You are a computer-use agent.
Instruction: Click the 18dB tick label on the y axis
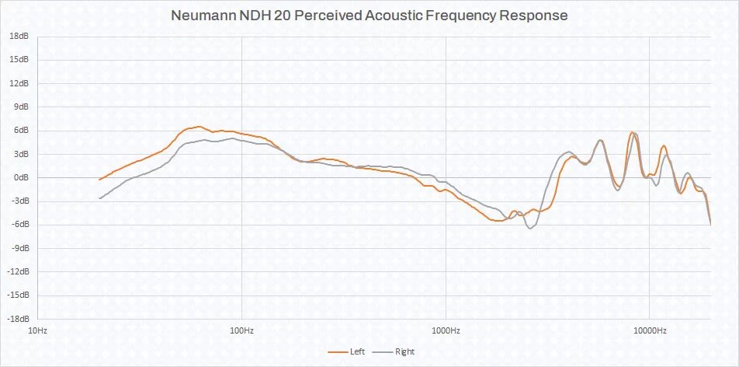(19, 36)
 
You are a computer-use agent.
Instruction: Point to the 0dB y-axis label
(22, 177)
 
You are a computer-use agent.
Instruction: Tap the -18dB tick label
(18, 319)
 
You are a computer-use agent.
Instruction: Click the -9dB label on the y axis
(20, 248)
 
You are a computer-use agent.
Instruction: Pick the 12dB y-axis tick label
(19, 83)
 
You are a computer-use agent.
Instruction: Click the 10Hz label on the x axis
(37, 330)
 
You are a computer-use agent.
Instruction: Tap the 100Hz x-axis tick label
(241, 330)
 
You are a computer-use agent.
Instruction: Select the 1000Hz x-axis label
(446, 330)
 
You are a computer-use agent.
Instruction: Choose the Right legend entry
(404, 352)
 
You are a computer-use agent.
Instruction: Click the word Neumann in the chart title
(204, 16)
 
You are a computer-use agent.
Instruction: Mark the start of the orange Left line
(99, 180)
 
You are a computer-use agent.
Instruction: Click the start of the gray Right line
(99, 198)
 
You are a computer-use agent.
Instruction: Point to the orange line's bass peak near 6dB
(199, 127)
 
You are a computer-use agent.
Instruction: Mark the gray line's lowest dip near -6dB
(531, 228)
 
